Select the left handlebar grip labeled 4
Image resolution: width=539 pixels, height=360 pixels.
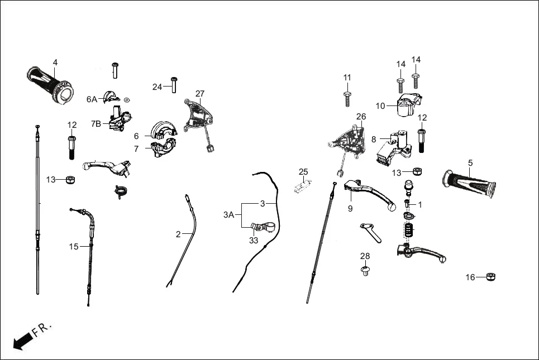(49, 84)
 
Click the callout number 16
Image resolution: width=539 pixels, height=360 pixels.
(470, 277)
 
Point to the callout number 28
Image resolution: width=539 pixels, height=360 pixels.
(365, 256)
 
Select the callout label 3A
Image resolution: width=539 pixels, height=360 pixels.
(229, 214)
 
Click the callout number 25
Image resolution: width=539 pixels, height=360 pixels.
(303, 171)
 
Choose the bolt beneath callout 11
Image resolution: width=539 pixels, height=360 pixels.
(347, 98)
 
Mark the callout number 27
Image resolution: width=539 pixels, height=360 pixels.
(200, 93)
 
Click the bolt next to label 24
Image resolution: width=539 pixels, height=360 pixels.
(173, 84)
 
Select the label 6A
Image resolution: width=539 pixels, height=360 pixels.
(92, 99)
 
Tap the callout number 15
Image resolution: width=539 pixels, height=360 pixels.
(74, 246)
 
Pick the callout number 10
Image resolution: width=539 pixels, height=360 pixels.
(380, 105)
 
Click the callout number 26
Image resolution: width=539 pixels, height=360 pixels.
(361, 116)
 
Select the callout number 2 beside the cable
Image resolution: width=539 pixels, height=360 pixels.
(178, 234)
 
